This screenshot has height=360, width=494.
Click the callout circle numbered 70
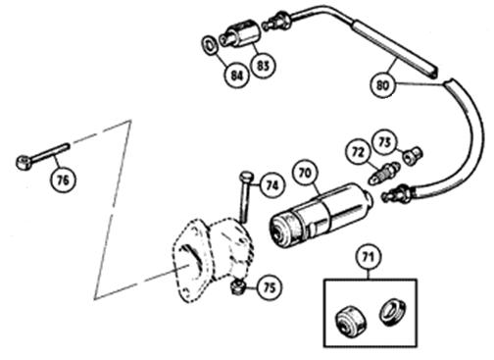(x=305, y=173)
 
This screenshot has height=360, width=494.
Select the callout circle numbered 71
(x=369, y=257)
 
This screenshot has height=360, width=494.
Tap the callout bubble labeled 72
(x=358, y=152)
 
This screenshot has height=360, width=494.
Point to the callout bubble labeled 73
(x=385, y=142)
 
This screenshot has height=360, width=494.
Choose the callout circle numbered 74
(x=272, y=185)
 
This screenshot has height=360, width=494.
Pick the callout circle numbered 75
(x=270, y=288)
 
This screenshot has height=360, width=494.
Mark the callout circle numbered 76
(x=63, y=180)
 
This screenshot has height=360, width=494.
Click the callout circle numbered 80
(x=382, y=85)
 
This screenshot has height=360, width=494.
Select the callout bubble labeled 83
(x=263, y=66)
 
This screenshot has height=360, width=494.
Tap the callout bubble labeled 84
(x=237, y=76)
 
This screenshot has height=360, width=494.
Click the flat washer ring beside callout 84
(x=210, y=45)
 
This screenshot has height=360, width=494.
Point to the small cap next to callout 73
(x=414, y=154)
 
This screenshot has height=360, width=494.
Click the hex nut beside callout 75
(x=238, y=287)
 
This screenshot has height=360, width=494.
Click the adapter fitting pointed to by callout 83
(x=240, y=34)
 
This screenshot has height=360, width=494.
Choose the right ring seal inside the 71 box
(x=392, y=313)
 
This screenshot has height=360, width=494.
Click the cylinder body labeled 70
(x=321, y=213)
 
